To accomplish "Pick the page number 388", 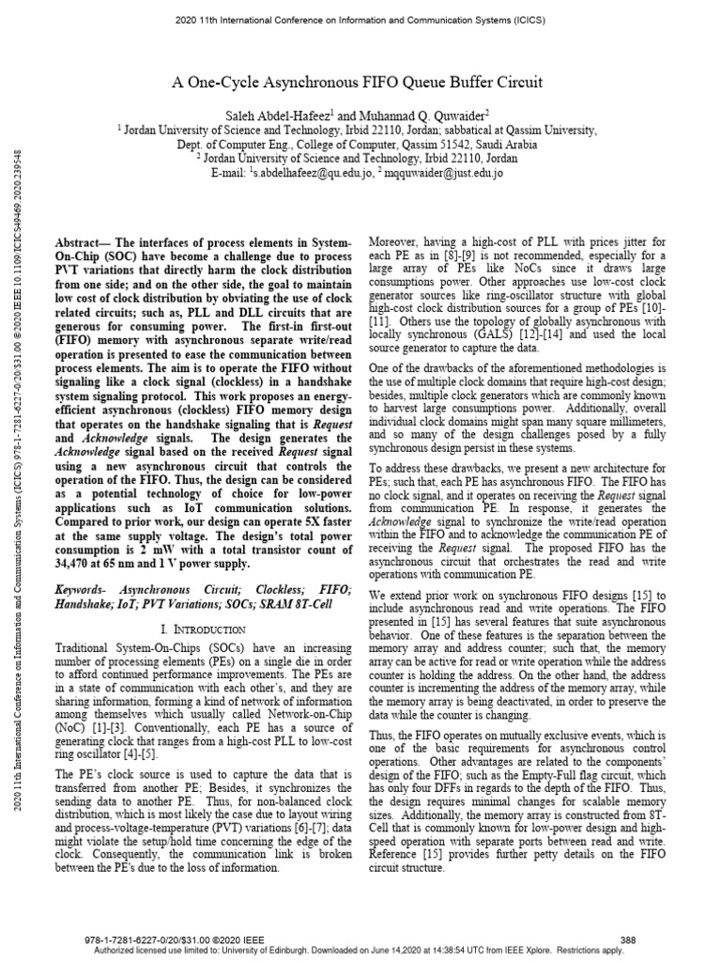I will (630, 939).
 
